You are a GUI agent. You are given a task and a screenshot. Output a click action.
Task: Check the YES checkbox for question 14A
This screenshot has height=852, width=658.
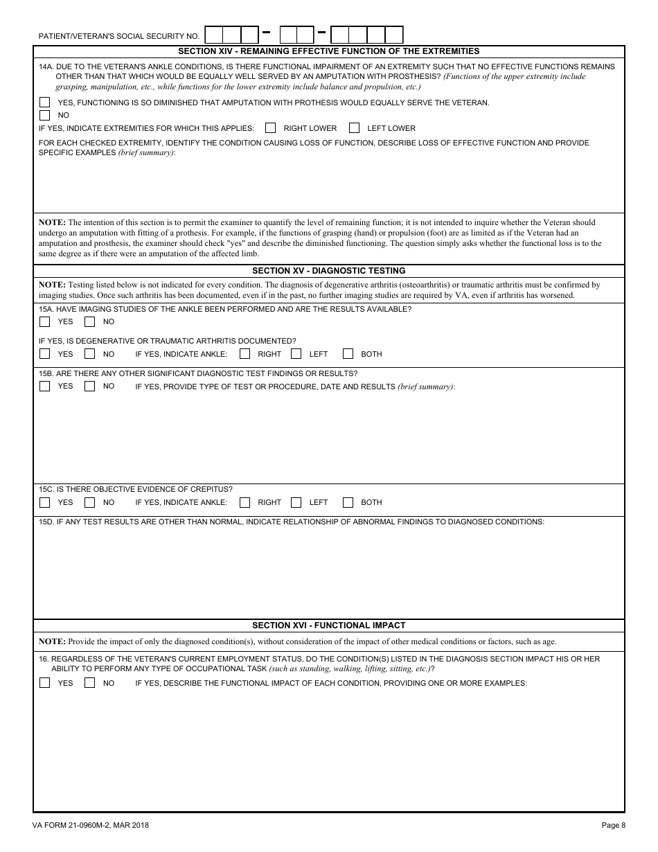coord(44,103)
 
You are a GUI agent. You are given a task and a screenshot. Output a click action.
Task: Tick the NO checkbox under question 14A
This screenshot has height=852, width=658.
coord(44,115)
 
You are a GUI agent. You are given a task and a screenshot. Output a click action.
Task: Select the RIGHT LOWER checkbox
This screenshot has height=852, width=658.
coord(271,128)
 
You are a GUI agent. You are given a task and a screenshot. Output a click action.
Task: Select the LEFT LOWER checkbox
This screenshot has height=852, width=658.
coord(355,128)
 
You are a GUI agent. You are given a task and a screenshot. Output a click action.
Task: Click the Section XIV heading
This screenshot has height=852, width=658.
coord(328,51)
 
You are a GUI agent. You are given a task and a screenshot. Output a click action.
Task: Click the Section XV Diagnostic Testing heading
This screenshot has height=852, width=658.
coord(328,271)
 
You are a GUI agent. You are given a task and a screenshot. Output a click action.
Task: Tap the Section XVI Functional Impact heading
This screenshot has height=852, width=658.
coord(328,625)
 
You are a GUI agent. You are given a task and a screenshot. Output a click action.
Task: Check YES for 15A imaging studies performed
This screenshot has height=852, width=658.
coord(44,321)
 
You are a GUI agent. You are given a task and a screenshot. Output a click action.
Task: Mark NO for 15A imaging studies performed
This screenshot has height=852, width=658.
coord(90,321)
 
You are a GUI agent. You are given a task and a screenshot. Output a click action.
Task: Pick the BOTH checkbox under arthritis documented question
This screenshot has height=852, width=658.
coord(348,354)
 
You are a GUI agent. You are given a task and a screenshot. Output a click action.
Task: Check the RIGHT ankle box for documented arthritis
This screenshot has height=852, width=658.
coord(245,354)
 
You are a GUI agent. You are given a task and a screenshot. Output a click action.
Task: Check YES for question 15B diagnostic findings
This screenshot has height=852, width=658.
coord(44,387)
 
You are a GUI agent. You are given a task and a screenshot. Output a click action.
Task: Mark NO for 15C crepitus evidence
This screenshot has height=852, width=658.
coord(90,502)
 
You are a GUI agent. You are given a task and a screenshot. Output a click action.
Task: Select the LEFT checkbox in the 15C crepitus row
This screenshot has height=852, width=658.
coord(296,502)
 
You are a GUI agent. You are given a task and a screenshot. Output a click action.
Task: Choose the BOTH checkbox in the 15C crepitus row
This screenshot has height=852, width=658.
coord(348,502)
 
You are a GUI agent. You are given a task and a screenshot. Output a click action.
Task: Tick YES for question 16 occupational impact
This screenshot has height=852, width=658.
coord(44,683)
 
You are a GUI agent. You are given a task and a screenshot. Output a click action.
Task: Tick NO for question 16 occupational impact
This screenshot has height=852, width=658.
coord(90,683)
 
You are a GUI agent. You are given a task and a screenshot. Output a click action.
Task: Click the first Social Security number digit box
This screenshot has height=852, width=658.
coord(214,35)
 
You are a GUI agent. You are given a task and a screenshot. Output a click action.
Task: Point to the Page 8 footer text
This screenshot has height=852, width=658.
coord(613,825)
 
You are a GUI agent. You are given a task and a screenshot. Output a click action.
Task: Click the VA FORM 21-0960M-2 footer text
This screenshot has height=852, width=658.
coord(90,825)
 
